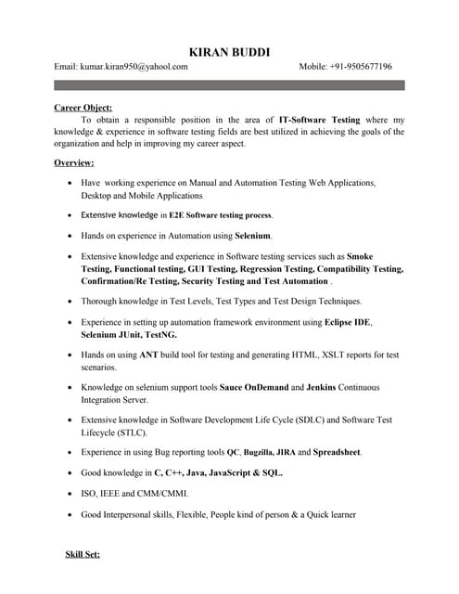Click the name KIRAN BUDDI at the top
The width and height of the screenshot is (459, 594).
229,51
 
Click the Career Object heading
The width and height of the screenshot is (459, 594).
83,108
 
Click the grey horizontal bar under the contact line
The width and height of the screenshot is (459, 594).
229,84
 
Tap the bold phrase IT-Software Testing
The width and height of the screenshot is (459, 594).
320,120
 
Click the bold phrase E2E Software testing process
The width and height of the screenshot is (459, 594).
221,215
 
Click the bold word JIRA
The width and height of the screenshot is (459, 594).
284,452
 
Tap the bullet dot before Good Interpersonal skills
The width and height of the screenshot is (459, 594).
71,514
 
